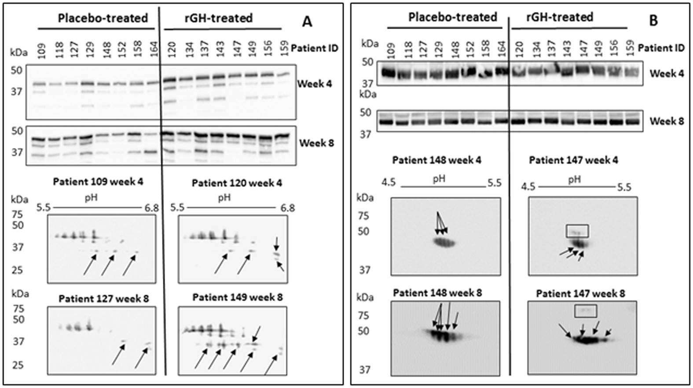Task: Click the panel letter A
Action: click(x=307, y=22)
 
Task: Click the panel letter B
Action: click(x=653, y=21)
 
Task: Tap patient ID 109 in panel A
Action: click(x=41, y=49)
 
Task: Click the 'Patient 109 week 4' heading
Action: click(x=98, y=181)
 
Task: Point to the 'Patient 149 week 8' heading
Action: click(x=237, y=298)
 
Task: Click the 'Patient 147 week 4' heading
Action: click(x=573, y=160)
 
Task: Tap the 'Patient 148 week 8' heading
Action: click(x=437, y=293)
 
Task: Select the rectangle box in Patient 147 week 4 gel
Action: click(x=577, y=231)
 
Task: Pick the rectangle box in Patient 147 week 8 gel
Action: click(x=585, y=311)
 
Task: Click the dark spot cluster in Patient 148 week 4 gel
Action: click(x=444, y=243)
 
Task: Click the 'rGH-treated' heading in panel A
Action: click(x=218, y=18)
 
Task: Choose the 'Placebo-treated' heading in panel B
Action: click(x=452, y=17)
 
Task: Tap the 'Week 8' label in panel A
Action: click(x=316, y=143)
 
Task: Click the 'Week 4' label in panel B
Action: click(x=667, y=74)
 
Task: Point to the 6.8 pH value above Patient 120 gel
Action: click(x=287, y=208)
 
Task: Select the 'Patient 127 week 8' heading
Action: click(x=103, y=299)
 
